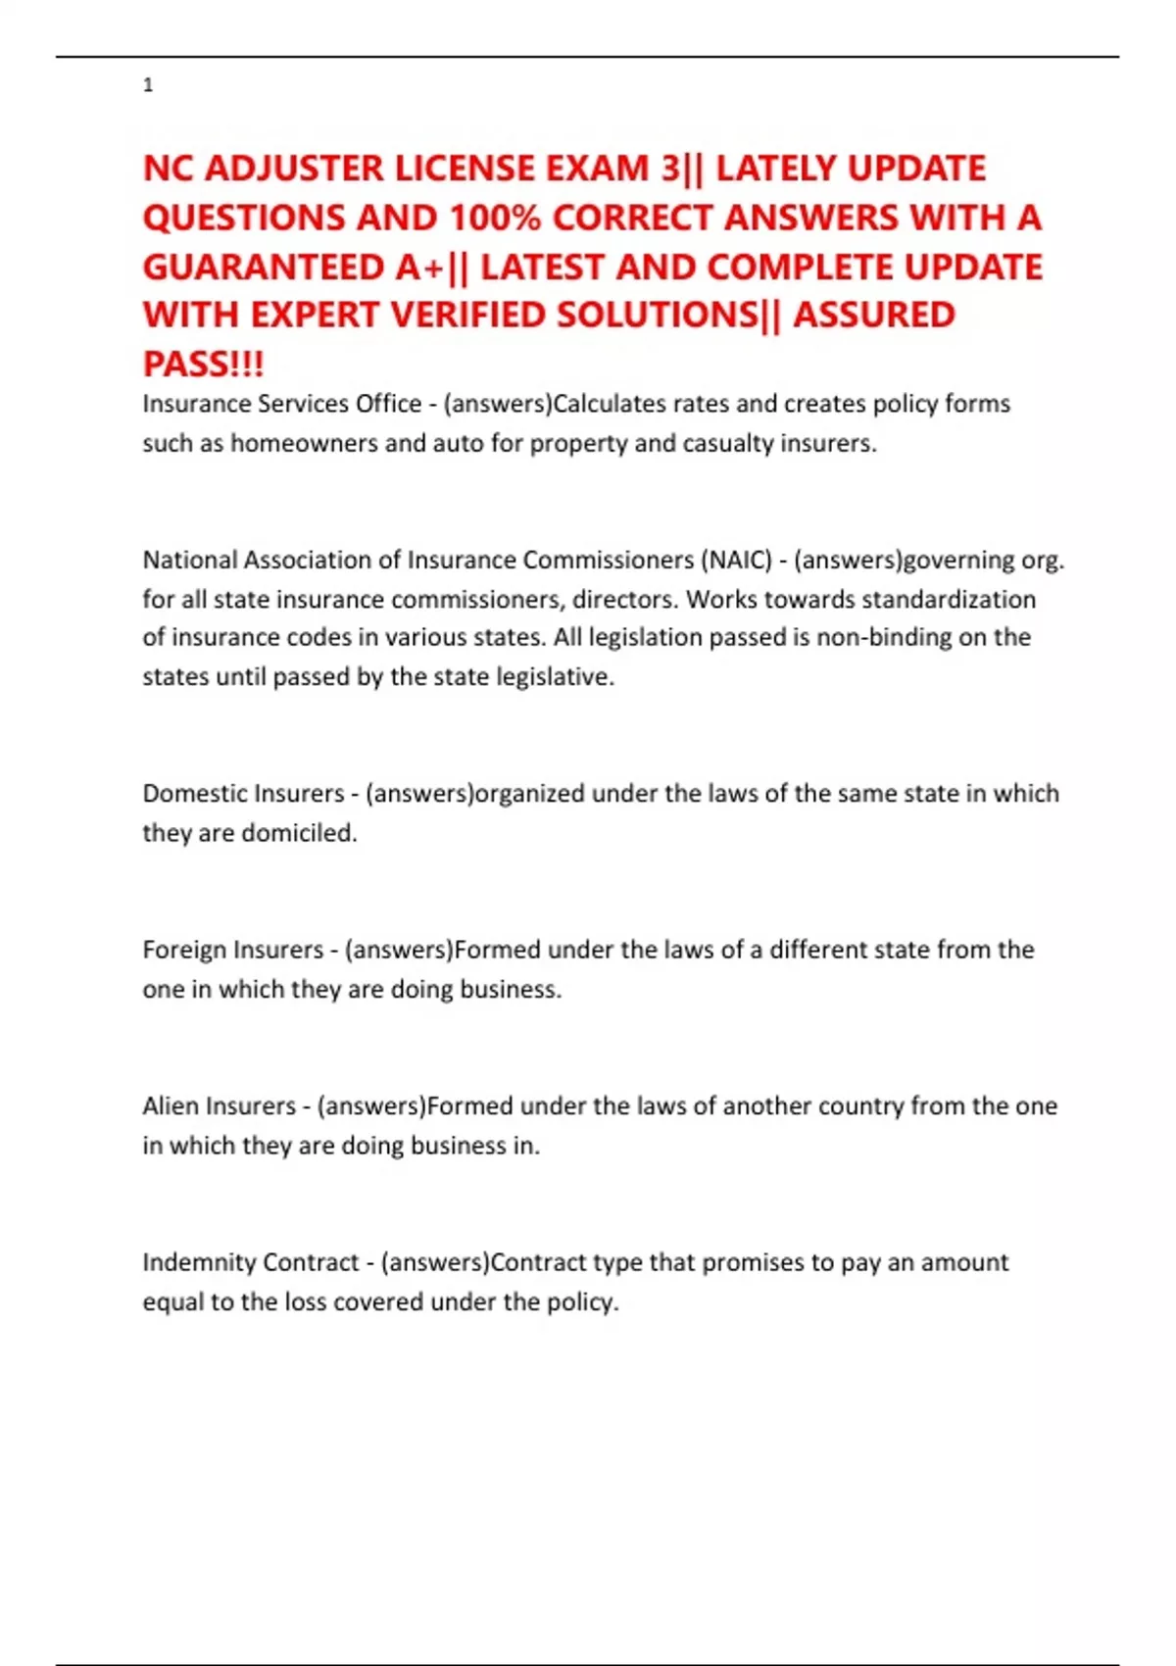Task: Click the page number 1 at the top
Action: point(148,85)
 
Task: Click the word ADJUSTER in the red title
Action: point(294,169)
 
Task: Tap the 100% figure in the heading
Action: point(495,218)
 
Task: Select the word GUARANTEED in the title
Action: point(264,267)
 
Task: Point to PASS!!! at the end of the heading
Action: point(203,364)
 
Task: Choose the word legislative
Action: point(555,677)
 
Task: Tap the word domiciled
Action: point(299,833)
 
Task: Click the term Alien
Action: point(170,1105)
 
